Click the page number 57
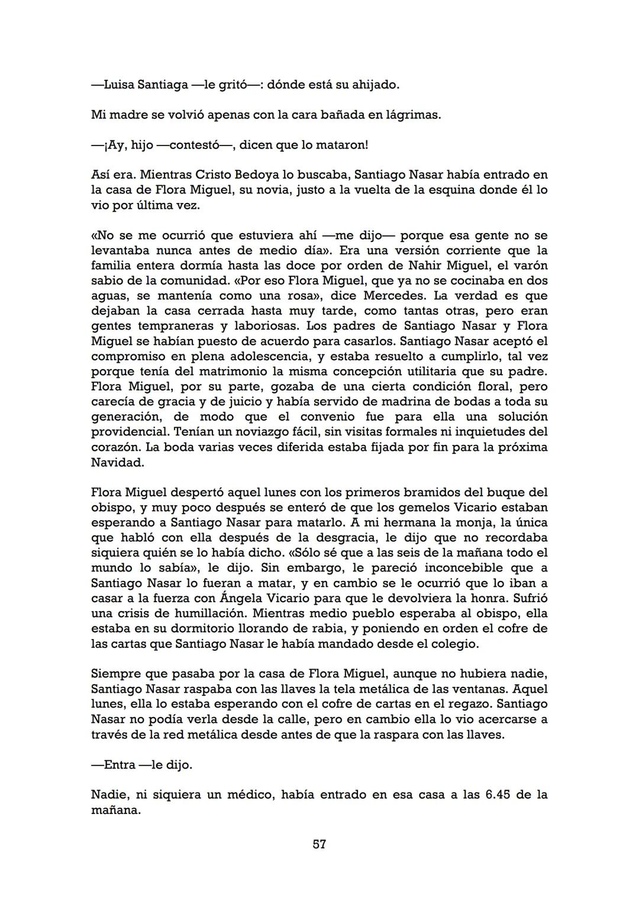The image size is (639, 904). [319, 844]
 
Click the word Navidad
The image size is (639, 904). [117, 462]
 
